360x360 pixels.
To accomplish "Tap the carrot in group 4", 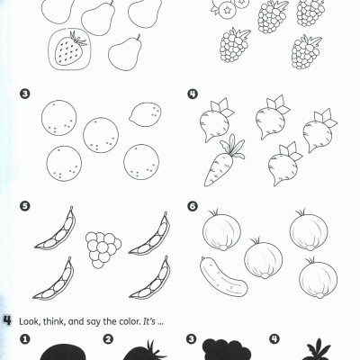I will (x=220, y=163).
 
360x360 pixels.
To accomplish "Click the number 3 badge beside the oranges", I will (x=24, y=94).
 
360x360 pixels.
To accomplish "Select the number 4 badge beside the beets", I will (x=192, y=94).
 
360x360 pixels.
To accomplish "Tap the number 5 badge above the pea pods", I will (x=24, y=206).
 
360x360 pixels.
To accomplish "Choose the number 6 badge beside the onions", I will (x=192, y=206).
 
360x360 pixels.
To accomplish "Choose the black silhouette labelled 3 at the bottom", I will (x=229, y=350).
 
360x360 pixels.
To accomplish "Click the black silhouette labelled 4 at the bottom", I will (x=317, y=351).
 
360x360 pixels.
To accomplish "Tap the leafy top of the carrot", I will (x=235, y=143).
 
